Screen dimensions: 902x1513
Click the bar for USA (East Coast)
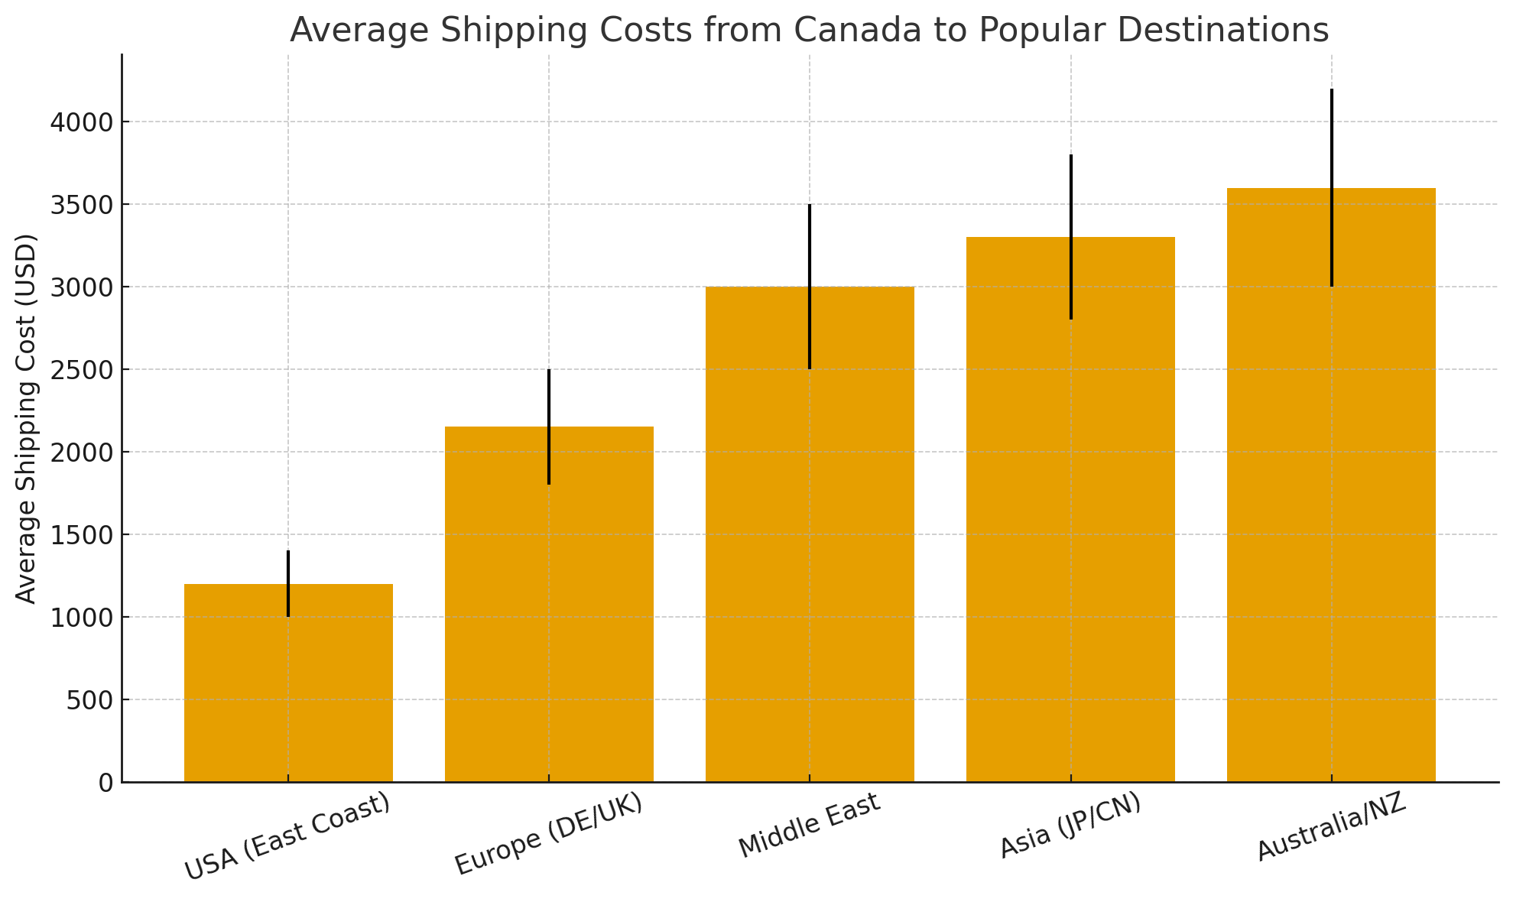(x=229, y=688)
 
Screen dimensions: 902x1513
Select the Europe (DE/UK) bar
(x=497, y=612)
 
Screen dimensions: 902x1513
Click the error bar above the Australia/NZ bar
(x=1332, y=138)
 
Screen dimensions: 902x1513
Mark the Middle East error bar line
(x=810, y=245)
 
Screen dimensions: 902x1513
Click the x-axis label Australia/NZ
(x=1332, y=829)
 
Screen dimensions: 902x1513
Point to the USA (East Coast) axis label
(x=288, y=838)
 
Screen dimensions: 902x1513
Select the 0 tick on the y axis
(x=106, y=783)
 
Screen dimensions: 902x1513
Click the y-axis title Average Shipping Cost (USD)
(x=27, y=419)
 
